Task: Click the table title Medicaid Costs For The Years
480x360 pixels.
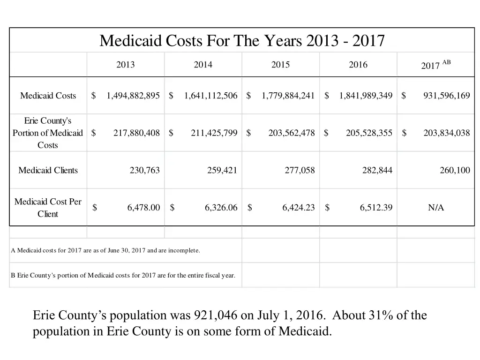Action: pyautogui.click(x=242, y=41)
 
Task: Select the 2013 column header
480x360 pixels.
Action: pyautogui.click(x=125, y=65)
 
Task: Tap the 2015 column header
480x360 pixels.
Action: pyautogui.click(x=280, y=65)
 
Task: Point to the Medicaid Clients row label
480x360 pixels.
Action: pyautogui.click(x=48, y=170)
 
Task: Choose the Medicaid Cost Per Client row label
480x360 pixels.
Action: pyautogui.click(x=48, y=208)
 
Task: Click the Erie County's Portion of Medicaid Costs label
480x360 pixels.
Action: pyautogui.click(x=48, y=133)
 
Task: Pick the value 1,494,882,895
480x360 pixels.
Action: pyautogui.click(x=133, y=96)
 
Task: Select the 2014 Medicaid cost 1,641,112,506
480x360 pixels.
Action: pyautogui.click(x=210, y=96)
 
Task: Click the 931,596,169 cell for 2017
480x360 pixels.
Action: pyautogui.click(x=446, y=96)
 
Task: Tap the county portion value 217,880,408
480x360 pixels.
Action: pyautogui.click(x=136, y=133)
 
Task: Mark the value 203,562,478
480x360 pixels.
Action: pyautogui.click(x=291, y=133)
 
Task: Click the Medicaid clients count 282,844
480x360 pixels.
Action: pyautogui.click(x=377, y=170)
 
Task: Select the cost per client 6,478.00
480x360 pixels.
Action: pyautogui.click(x=143, y=208)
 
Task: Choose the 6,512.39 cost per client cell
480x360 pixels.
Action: pyautogui.click(x=376, y=208)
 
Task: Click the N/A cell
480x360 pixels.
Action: pyautogui.click(x=435, y=208)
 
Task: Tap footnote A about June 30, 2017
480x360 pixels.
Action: pyautogui.click(x=105, y=250)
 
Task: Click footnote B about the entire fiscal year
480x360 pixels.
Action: pyautogui.click(x=123, y=275)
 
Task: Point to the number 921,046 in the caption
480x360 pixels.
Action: pyautogui.click(x=213, y=315)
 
